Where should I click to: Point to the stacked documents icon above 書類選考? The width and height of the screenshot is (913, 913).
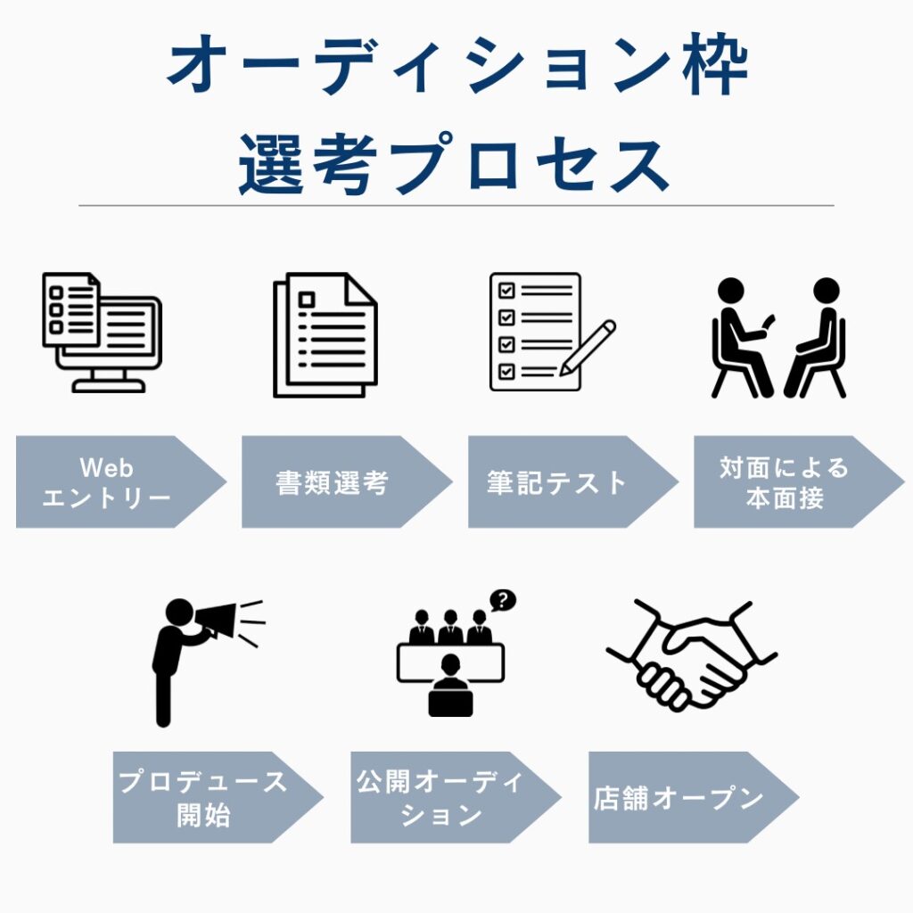[x=325, y=335]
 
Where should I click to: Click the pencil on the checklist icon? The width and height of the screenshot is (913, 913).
[x=588, y=347]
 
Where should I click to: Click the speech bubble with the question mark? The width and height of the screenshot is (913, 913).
[x=503, y=601]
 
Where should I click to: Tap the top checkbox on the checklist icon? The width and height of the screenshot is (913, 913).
[x=506, y=291]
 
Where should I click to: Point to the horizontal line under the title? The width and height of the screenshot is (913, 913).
[x=456, y=206]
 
